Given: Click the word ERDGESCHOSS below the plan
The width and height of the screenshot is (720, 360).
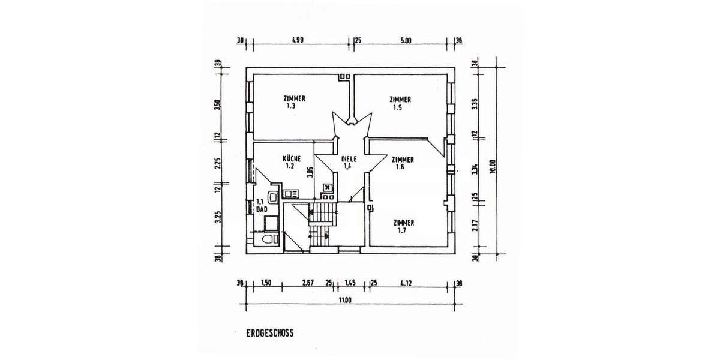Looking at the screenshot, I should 269,333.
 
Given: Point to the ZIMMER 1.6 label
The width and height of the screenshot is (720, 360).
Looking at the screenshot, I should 402,163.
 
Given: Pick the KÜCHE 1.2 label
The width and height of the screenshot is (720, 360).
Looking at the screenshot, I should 292,162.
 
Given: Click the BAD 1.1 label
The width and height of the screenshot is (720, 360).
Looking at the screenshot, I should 261,206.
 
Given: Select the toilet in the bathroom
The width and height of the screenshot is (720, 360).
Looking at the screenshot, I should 267,239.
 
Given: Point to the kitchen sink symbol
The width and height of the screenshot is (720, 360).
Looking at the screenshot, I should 292,193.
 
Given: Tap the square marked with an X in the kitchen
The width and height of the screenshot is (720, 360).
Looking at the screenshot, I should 327,187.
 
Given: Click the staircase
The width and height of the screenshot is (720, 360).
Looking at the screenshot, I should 323,222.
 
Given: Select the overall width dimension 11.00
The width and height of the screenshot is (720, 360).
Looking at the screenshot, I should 344,300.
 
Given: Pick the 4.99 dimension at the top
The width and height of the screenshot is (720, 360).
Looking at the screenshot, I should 297,41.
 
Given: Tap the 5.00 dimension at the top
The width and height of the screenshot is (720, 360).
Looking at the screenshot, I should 405,41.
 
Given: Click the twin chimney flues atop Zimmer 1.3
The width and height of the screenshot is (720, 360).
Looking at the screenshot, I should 344,77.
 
